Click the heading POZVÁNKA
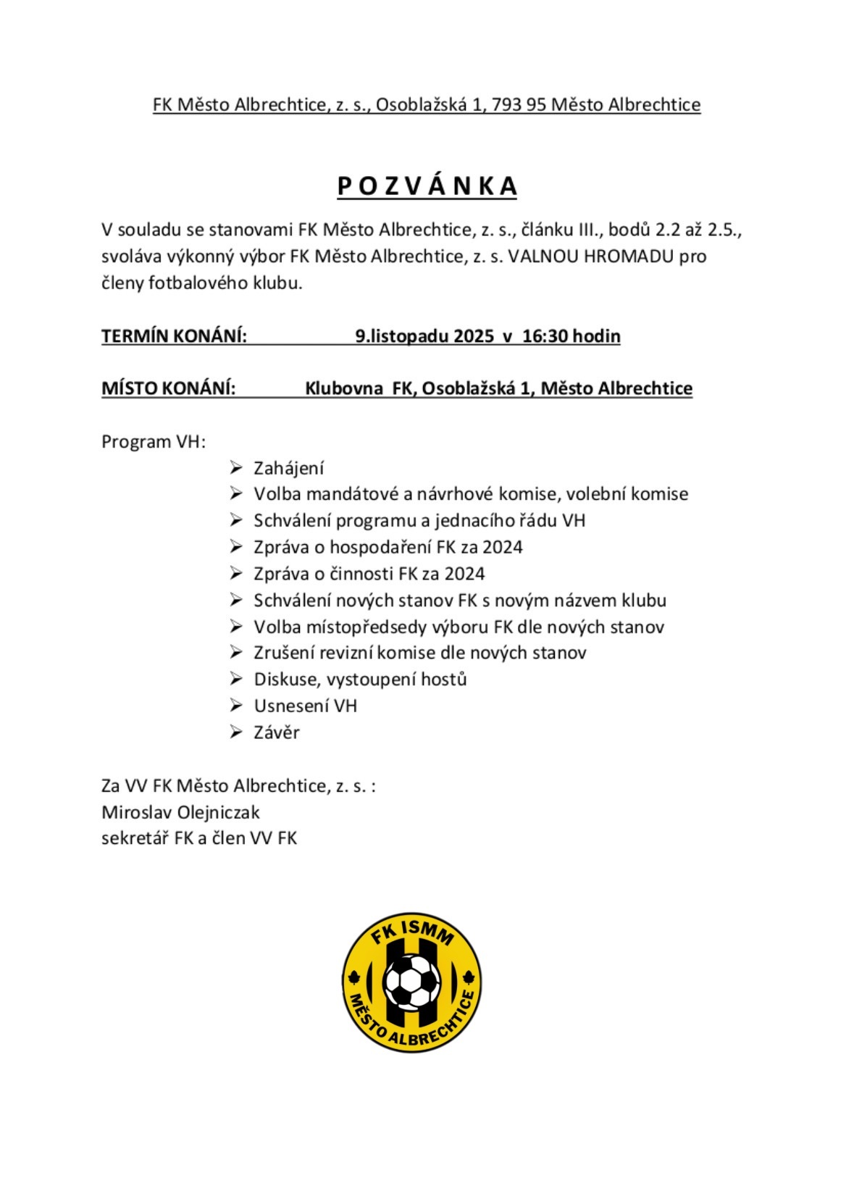pos(427,186)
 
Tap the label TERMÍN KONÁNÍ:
pos(174,336)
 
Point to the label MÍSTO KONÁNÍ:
pos(168,388)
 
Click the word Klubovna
pos(343,388)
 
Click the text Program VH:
pos(154,442)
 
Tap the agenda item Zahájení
pos(288,469)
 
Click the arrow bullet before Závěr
pos(235,732)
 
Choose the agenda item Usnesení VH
pos(305,706)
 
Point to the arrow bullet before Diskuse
pos(235,680)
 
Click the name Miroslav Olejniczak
pos(180,812)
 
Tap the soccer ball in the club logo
pos(411,982)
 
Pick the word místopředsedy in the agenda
pos(351,627)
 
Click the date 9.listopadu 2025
pos(424,336)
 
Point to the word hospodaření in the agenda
pos(381,547)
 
